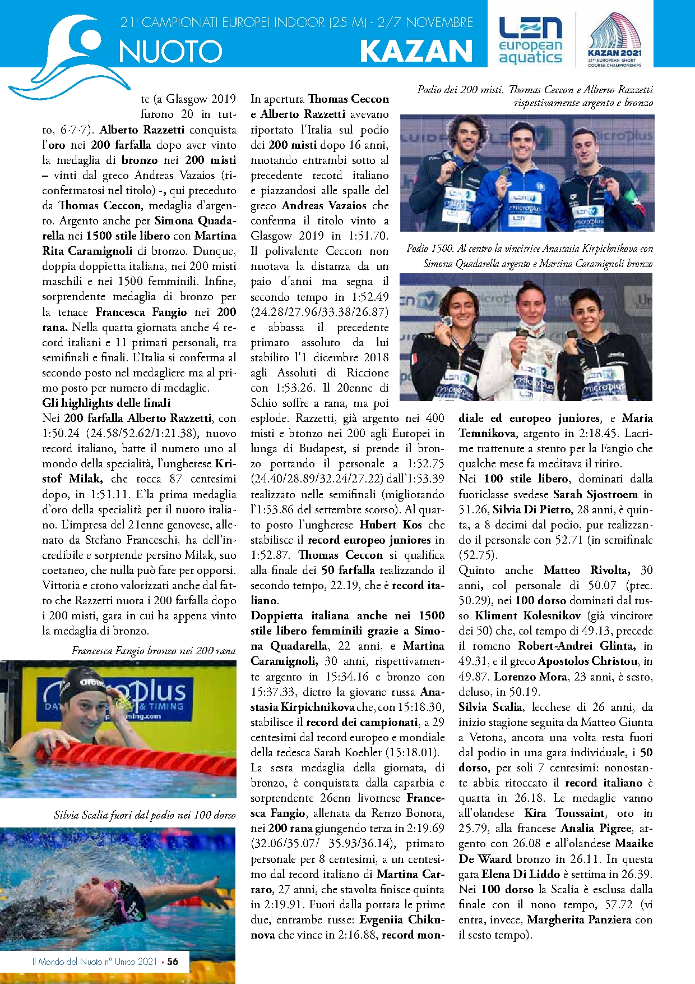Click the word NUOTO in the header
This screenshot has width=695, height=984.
coord(170,52)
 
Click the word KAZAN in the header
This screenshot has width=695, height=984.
coord(416,51)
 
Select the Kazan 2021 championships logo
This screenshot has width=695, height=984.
coord(614,40)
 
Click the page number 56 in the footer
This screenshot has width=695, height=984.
coord(173,961)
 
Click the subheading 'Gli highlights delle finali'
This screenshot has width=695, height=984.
coord(106,403)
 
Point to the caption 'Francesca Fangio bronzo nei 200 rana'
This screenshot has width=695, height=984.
coord(154,651)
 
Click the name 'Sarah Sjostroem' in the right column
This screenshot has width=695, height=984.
coord(595,494)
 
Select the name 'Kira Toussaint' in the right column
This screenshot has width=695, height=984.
coord(564,813)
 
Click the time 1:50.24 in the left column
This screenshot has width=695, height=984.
coord(62,434)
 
